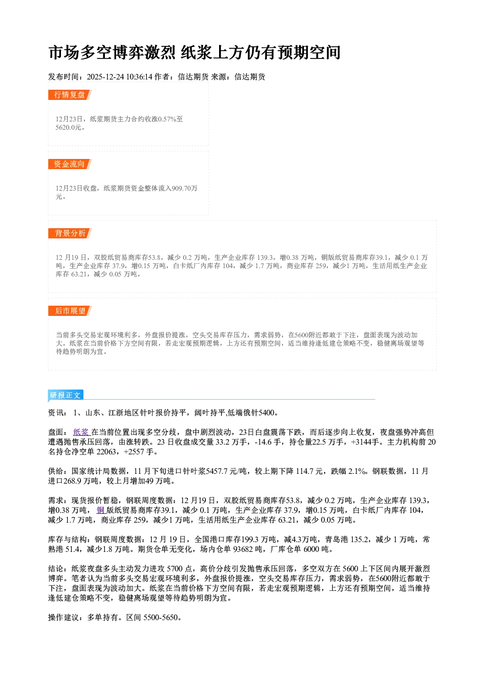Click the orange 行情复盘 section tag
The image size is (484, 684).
click(70, 95)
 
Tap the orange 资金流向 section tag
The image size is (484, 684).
click(70, 164)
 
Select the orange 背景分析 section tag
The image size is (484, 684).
click(70, 234)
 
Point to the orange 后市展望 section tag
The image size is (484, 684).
click(70, 311)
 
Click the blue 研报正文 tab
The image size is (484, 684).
click(65, 395)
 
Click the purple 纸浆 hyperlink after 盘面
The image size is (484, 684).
click(81, 432)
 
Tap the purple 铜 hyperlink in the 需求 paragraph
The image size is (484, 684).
click(100, 510)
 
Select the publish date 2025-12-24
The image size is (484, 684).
click(105, 77)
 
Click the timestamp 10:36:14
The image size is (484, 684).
click(139, 77)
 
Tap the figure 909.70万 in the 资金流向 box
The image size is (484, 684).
click(184, 188)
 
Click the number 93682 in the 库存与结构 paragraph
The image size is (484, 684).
click(243, 549)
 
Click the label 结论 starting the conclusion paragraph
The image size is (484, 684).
click(56, 568)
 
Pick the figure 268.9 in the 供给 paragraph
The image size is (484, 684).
click(72, 481)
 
